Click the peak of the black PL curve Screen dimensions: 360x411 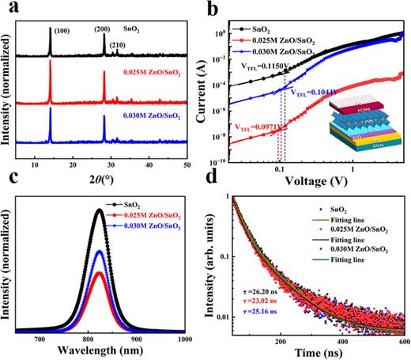point(98,210)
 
